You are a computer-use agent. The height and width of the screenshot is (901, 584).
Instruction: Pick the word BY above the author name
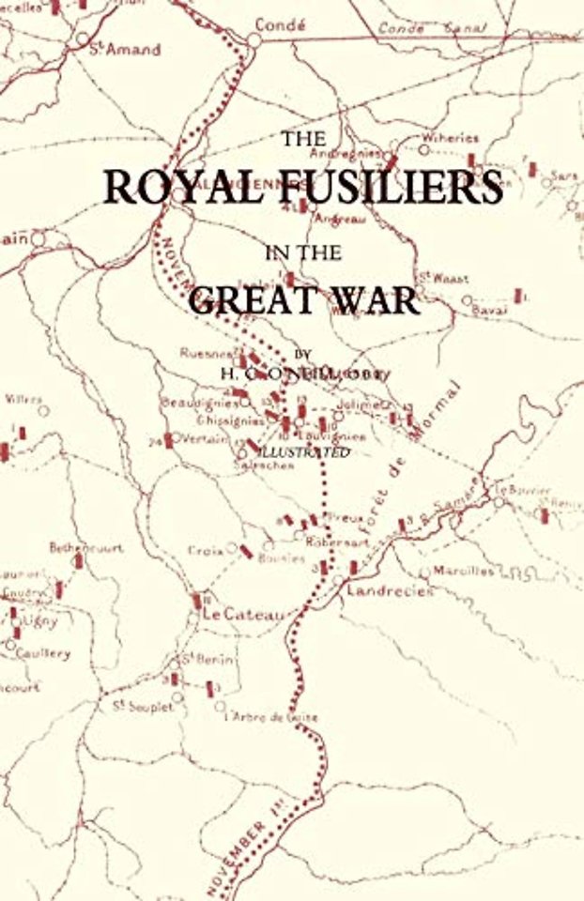point(301,354)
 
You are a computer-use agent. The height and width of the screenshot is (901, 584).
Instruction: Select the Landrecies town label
point(390,591)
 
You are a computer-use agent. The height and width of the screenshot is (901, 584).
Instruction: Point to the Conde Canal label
point(432,28)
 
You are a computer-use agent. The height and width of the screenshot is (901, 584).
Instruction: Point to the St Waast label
point(442,279)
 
